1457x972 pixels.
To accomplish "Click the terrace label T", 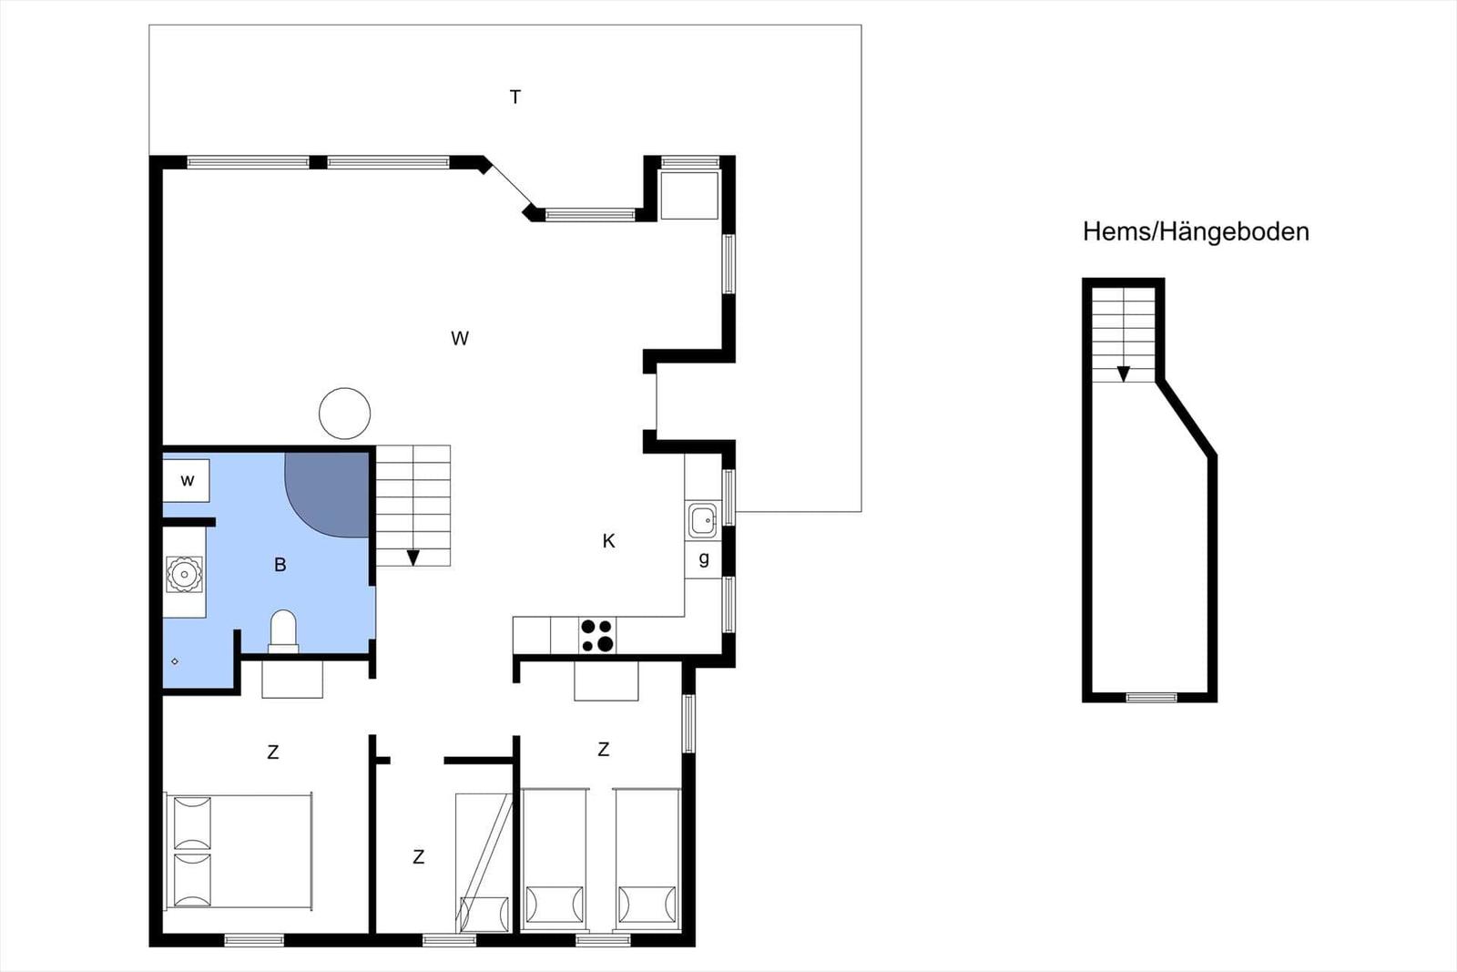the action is pyautogui.click(x=515, y=97).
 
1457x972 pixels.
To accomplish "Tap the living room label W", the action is pyautogui.click(x=460, y=338).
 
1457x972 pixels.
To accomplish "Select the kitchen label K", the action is pyautogui.click(x=609, y=540).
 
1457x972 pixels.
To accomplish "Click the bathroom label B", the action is pyautogui.click(x=280, y=565).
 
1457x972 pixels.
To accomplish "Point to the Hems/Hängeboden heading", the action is pyautogui.click(x=1196, y=232).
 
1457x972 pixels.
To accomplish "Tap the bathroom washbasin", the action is pyautogui.click(x=185, y=575).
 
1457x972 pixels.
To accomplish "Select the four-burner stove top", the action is pyautogui.click(x=597, y=635).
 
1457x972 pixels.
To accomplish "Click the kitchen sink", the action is pyautogui.click(x=702, y=520).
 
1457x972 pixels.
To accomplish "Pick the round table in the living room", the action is pyautogui.click(x=345, y=414).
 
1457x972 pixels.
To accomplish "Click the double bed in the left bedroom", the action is pyautogui.click(x=239, y=851).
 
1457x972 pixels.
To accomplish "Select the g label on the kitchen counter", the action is pyautogui.click(x=704, y=558).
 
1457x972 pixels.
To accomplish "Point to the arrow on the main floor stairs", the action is pyautogui.click(x=413, y=558).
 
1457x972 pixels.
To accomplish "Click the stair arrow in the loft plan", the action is pyautogui.click(x=1124, y=374).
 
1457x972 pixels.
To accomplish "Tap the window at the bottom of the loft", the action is pyautogui.click(x=1151, y=698).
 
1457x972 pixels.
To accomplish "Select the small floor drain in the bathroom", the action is pyautogui.click(x=174, y=661).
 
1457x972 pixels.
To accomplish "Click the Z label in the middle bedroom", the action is pyautogui.click(x=419, y=857).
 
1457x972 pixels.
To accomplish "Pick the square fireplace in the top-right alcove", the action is pyautogui.click(x=689, y=195).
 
